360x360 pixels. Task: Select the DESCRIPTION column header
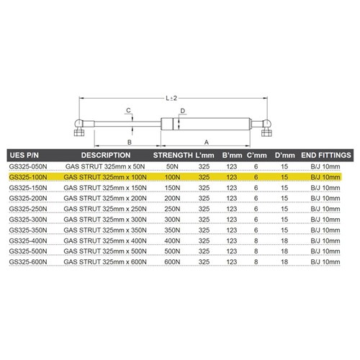(104, 155)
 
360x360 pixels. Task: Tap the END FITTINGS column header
(325, 155)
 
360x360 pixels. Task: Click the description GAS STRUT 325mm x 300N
(104, 220)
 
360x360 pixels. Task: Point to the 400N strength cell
(171, 242)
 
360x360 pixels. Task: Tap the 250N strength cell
(171, 209)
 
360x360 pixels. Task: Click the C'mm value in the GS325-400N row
(256, 242)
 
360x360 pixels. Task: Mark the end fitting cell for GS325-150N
(325, 187)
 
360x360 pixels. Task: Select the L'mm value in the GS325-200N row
(204, 198)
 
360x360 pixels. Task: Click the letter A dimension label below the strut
(207, 142)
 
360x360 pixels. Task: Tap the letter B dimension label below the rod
(127, 142)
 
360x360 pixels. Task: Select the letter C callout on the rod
(127, 109)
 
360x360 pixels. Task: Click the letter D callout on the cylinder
(184, 110)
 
